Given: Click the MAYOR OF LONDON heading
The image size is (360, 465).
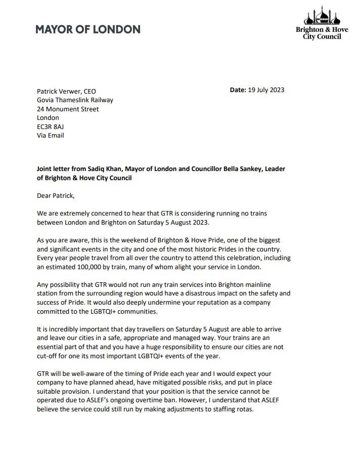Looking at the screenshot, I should tap(87, 29).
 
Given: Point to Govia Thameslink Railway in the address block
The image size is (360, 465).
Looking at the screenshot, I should tap(75, 100).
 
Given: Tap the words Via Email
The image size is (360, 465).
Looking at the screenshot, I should tap(51, 135).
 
